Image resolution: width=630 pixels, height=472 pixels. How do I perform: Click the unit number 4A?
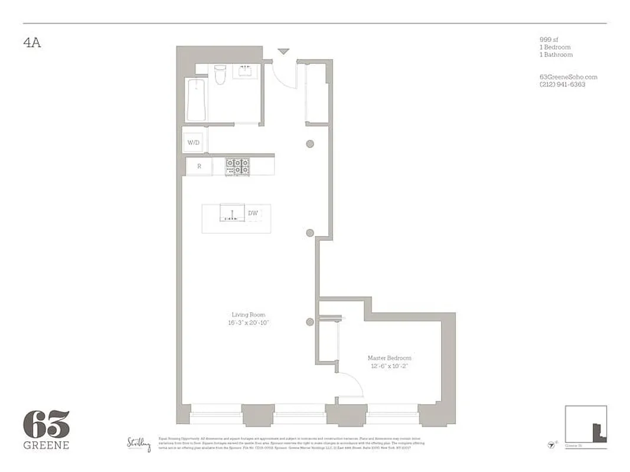pyautogui.click(x=32, y=43)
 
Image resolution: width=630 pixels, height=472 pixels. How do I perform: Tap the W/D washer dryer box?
pyautogui.click(x=194, y=143)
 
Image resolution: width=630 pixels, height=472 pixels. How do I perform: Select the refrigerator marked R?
pyautogui.click(x=199, y=166)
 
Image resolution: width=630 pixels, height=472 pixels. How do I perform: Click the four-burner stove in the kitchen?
pyautogui.click(x=237, y=166)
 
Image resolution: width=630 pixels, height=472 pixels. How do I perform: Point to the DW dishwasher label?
pyautogui.click(x=253, y=213)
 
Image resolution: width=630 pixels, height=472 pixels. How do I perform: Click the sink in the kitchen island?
pyautogui.click(x=232, y=213)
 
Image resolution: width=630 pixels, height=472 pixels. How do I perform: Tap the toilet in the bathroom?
pyautogui.click(x=220, y=74)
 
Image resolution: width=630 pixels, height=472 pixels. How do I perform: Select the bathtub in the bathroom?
pyautogui.click(x=196, y=100)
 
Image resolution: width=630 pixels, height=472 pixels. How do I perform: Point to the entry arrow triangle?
pyautogui.click(x=284, y=52)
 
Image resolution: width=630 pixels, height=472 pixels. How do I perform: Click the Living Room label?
pyautogui.click(x=248, y=315)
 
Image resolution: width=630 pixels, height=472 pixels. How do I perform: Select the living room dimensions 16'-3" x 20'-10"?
pyautogui.click(x=248, y=323)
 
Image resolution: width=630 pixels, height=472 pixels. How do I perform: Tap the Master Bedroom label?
pyautogui.click(x=389, y=358)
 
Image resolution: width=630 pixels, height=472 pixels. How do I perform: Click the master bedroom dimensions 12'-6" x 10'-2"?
pyautogui.click(x=389, y=366)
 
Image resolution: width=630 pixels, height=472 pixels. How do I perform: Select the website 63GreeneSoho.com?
pyautogui.click(x=568, y=77)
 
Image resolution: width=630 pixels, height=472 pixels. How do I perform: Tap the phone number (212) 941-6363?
pyautogui.click(x=562, y=84)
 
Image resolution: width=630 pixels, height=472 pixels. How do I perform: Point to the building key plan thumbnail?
pyautogui.click(x=586, y=424)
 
